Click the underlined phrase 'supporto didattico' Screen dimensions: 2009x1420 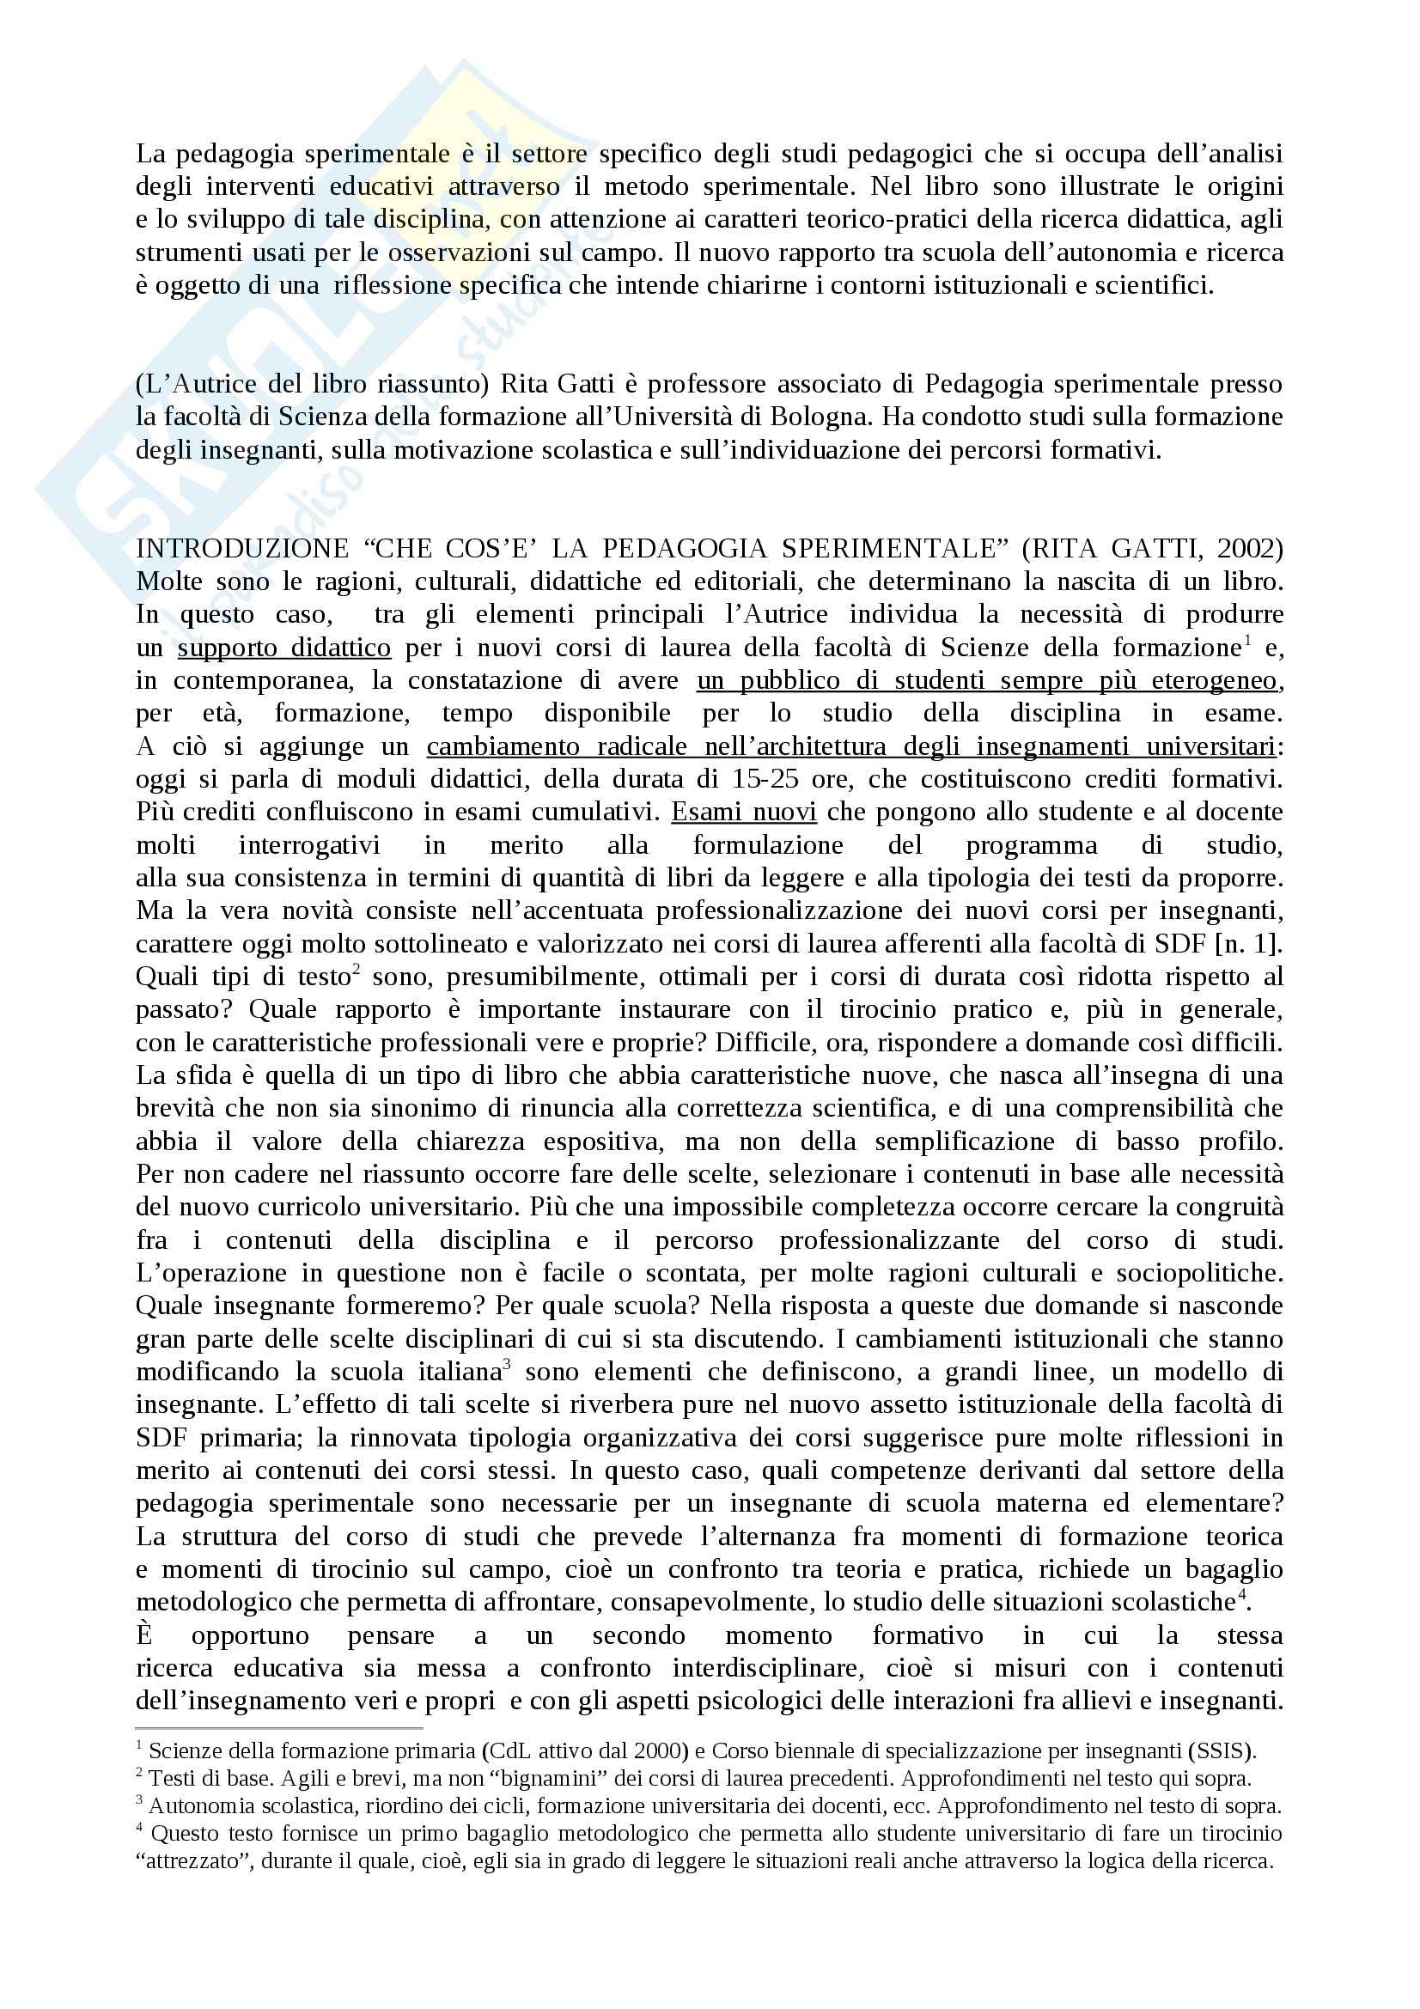click(x=284, y=648)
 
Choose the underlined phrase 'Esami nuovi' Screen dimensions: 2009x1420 click(x=744, y=812)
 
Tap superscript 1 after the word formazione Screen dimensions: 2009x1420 click(x=1246, y=642)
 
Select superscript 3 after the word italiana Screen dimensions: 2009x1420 click(x=507, y=1365)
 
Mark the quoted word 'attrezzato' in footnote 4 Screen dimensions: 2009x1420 click(x=189, y=1860)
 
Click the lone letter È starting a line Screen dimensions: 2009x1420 click(x=145, y=1635)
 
